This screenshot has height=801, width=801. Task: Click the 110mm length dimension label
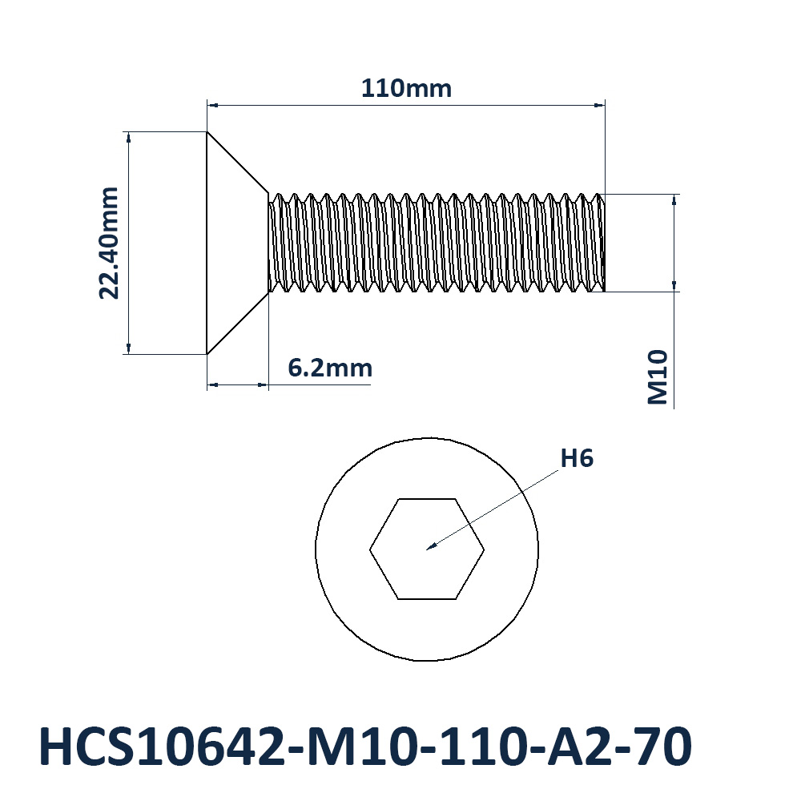(x=406, y=88)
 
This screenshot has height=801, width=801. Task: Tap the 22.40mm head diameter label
(x=109, y=244)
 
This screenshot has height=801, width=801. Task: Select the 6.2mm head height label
(x=330, y=368)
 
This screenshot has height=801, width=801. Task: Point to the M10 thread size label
(x=658, y=377)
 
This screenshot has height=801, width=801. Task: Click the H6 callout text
(x=577, y=458)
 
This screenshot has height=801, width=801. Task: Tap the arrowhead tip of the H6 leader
(x=427, y=549)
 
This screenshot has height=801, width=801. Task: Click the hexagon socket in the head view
(x=427, y=498)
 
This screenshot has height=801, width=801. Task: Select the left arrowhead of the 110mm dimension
(x=212, y=105)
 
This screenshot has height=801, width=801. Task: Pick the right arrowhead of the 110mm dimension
(x=599, y=105)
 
